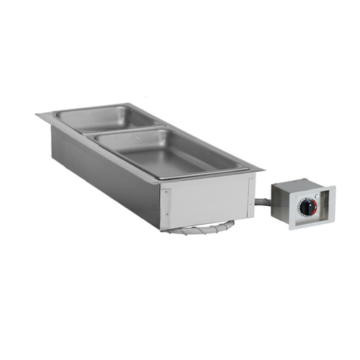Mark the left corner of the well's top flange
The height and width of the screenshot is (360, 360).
[37, 115]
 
